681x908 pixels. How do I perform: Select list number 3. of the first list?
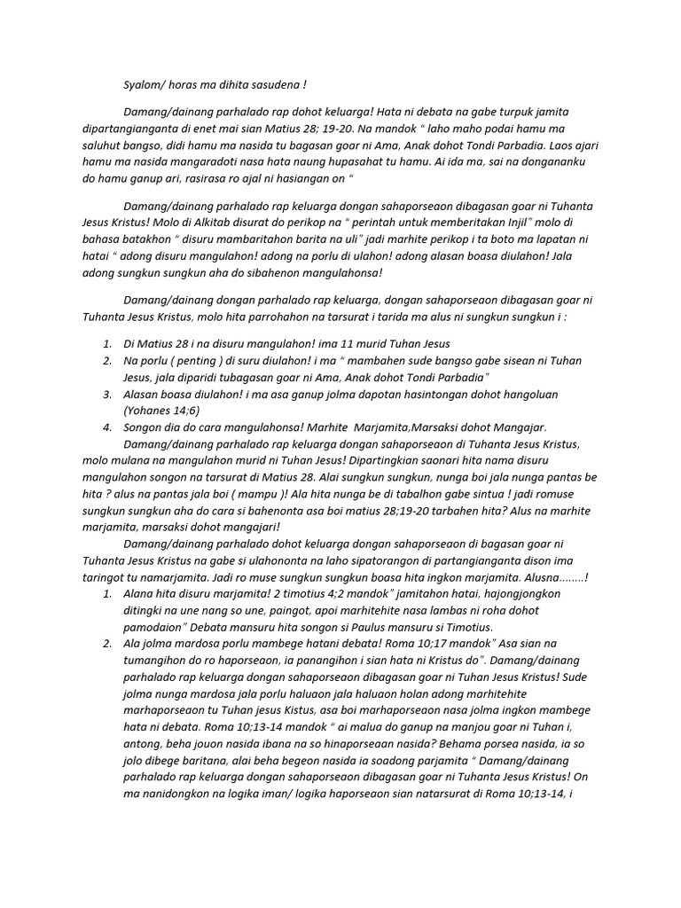(106, 394)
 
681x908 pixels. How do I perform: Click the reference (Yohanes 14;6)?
(161, 411)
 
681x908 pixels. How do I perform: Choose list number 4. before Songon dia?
(106, 427)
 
